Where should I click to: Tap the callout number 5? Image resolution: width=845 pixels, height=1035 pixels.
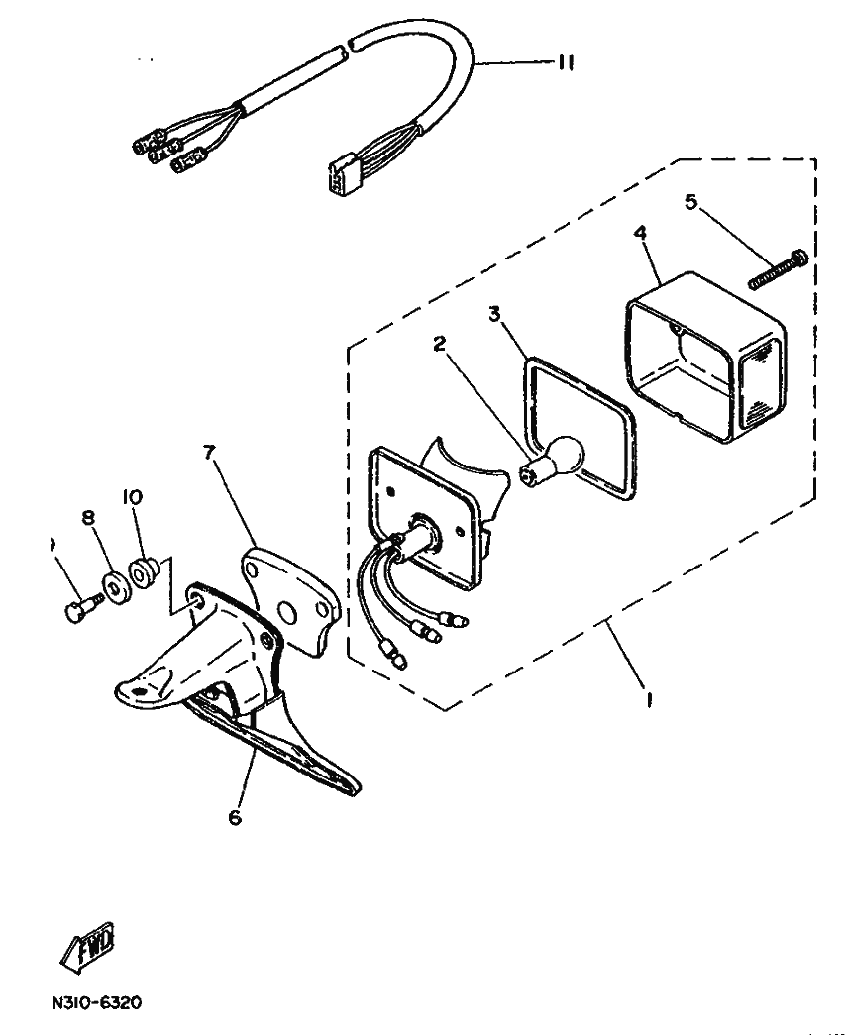(690, 201)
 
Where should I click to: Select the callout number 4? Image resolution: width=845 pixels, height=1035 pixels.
(640, 233)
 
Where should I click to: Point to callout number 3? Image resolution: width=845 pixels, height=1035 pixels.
(495, 314)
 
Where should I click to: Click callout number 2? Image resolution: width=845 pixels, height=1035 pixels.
(439, 344)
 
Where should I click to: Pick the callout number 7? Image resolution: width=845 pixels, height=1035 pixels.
(208, 453)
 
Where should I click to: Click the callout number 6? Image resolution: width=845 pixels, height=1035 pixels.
(235, 818)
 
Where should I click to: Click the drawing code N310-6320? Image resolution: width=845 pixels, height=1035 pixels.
(95, 1002)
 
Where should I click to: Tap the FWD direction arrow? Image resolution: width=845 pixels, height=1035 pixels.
(88, 943)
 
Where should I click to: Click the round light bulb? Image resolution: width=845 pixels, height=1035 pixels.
(560, 458)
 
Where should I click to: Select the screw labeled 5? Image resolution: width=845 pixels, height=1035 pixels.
(779, 268)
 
